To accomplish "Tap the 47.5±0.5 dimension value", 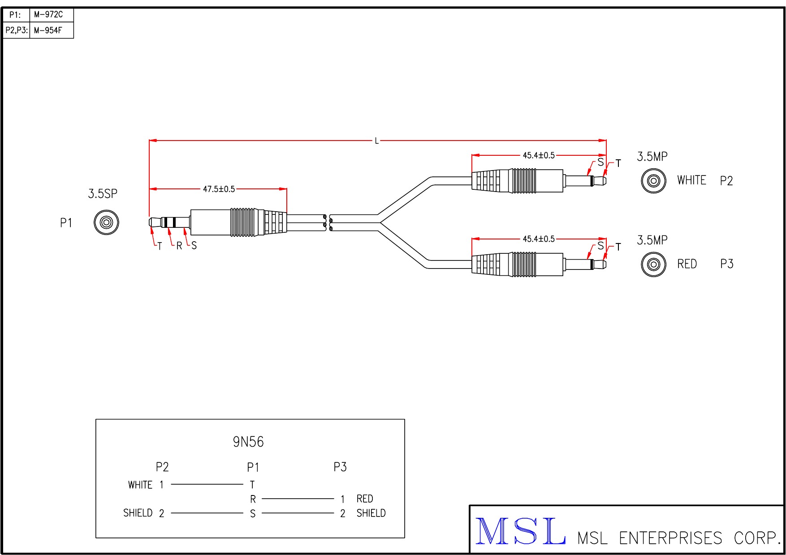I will tap(219, 189).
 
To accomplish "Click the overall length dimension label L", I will tap(377, 141).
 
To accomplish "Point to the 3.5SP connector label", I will tap(103, 194).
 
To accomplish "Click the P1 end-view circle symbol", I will tap(106, 222).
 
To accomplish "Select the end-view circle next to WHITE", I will tap(653, 181).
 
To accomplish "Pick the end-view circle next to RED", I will tap(653, 264).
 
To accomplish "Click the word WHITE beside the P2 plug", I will tap(691, 180).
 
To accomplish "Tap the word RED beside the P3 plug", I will tap(687, 264).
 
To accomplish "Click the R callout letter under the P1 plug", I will tap(179, 246).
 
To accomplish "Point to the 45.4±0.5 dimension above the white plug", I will tap(539, 155).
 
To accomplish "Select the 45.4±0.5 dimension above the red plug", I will tap(539, 239).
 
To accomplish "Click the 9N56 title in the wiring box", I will tap(248, 442).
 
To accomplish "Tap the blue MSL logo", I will tap(520, 531).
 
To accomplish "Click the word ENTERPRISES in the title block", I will tap(670, 538).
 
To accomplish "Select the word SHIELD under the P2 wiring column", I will tap(138, 513).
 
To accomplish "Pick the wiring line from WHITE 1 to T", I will tap(207, 484).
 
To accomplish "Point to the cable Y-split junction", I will tap(380, 222).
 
